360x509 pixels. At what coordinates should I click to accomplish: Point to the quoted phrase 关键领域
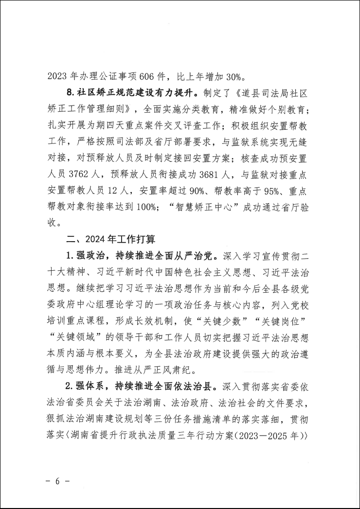(75, 333)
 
